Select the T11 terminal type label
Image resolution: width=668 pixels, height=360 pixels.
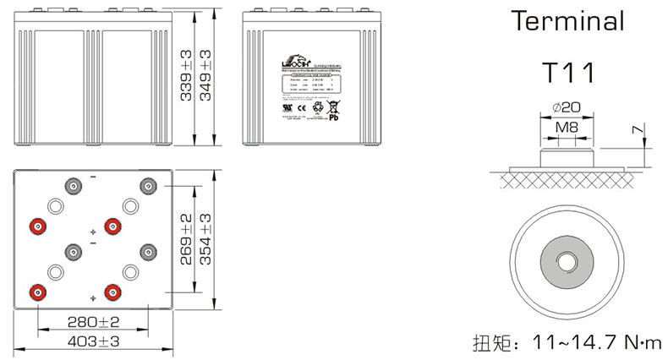tap(568, 74)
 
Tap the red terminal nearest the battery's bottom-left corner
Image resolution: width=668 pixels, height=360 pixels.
tap(36, 292)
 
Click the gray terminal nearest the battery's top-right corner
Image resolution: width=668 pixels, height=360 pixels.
tap(149, 186)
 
